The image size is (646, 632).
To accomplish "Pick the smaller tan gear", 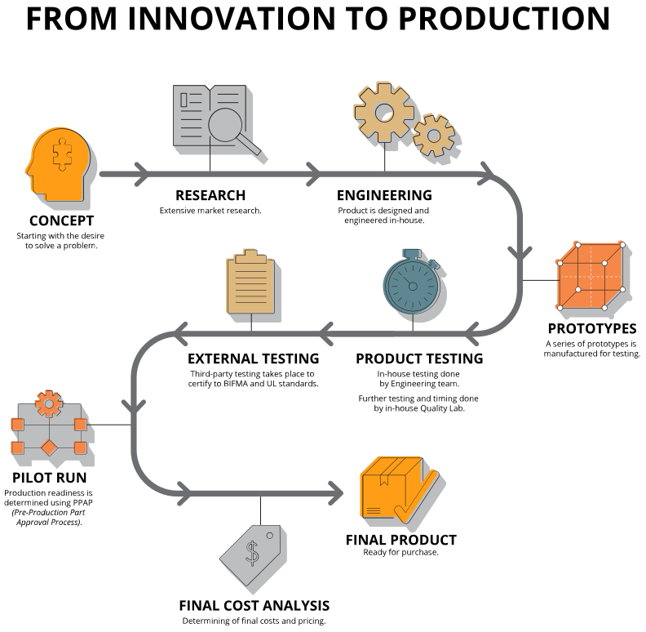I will (x=432, y=134).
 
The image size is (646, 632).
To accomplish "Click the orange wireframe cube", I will (x=591, y=275).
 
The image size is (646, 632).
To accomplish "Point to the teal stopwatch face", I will (x=412, y=286).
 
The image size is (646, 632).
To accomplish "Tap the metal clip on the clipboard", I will (x=250, y=255).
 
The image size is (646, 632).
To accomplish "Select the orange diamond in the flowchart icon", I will (x=49, y=447).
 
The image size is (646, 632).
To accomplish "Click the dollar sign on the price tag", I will (x=253, y=554).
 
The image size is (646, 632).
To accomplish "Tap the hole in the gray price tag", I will (x=270, y=535).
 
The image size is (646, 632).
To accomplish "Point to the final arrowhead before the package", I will (x=335, y=492).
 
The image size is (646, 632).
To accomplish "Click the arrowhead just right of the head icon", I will (x=140, y=174).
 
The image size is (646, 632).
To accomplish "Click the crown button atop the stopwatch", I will (x=412, y=252).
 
